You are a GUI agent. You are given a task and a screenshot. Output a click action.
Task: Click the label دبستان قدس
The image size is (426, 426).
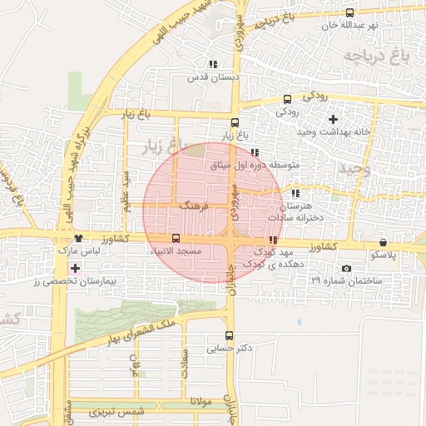click(x=213, y=77)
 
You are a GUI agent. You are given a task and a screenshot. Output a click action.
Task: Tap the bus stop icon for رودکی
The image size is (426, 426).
click(x=288, y=97)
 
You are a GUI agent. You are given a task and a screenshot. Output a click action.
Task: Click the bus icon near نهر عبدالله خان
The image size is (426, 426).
click(x=349, y=12)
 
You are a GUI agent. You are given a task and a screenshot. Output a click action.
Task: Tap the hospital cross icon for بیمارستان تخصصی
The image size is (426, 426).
click(x=76, y=268)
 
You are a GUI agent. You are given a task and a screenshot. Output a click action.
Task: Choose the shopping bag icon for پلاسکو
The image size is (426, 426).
click(x=383, y=241)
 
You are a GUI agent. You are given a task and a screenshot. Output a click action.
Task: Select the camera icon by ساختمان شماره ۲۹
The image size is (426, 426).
click(x=346, y=268)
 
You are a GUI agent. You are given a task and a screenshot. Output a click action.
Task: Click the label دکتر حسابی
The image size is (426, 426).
click(x=231, y=349)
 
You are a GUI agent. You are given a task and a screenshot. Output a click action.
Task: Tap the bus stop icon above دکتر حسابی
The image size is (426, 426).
click(x=229, y=335)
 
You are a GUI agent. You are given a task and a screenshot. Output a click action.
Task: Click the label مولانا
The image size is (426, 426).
click(x=202, y=402)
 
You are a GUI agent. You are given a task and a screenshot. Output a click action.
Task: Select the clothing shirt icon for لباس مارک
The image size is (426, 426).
click(x=78, y=238)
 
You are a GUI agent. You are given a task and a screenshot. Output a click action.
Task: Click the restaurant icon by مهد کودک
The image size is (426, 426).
click(x=272, y=240)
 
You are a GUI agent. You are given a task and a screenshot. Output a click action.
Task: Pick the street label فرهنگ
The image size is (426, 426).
click(x=193, y=204)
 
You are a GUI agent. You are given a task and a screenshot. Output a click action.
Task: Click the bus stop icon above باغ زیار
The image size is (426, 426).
click(x=235, y=122)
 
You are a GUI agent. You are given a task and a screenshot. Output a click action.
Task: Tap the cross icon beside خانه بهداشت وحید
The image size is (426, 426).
click(x=333, y=120)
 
